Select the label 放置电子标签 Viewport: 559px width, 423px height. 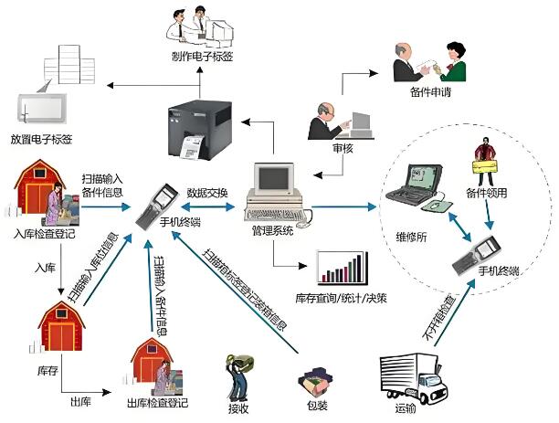click(x=42, y=139)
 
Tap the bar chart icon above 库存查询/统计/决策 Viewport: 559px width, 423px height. click(x=342, y=268)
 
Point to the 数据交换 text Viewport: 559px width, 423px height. click(x=207, y=193)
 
